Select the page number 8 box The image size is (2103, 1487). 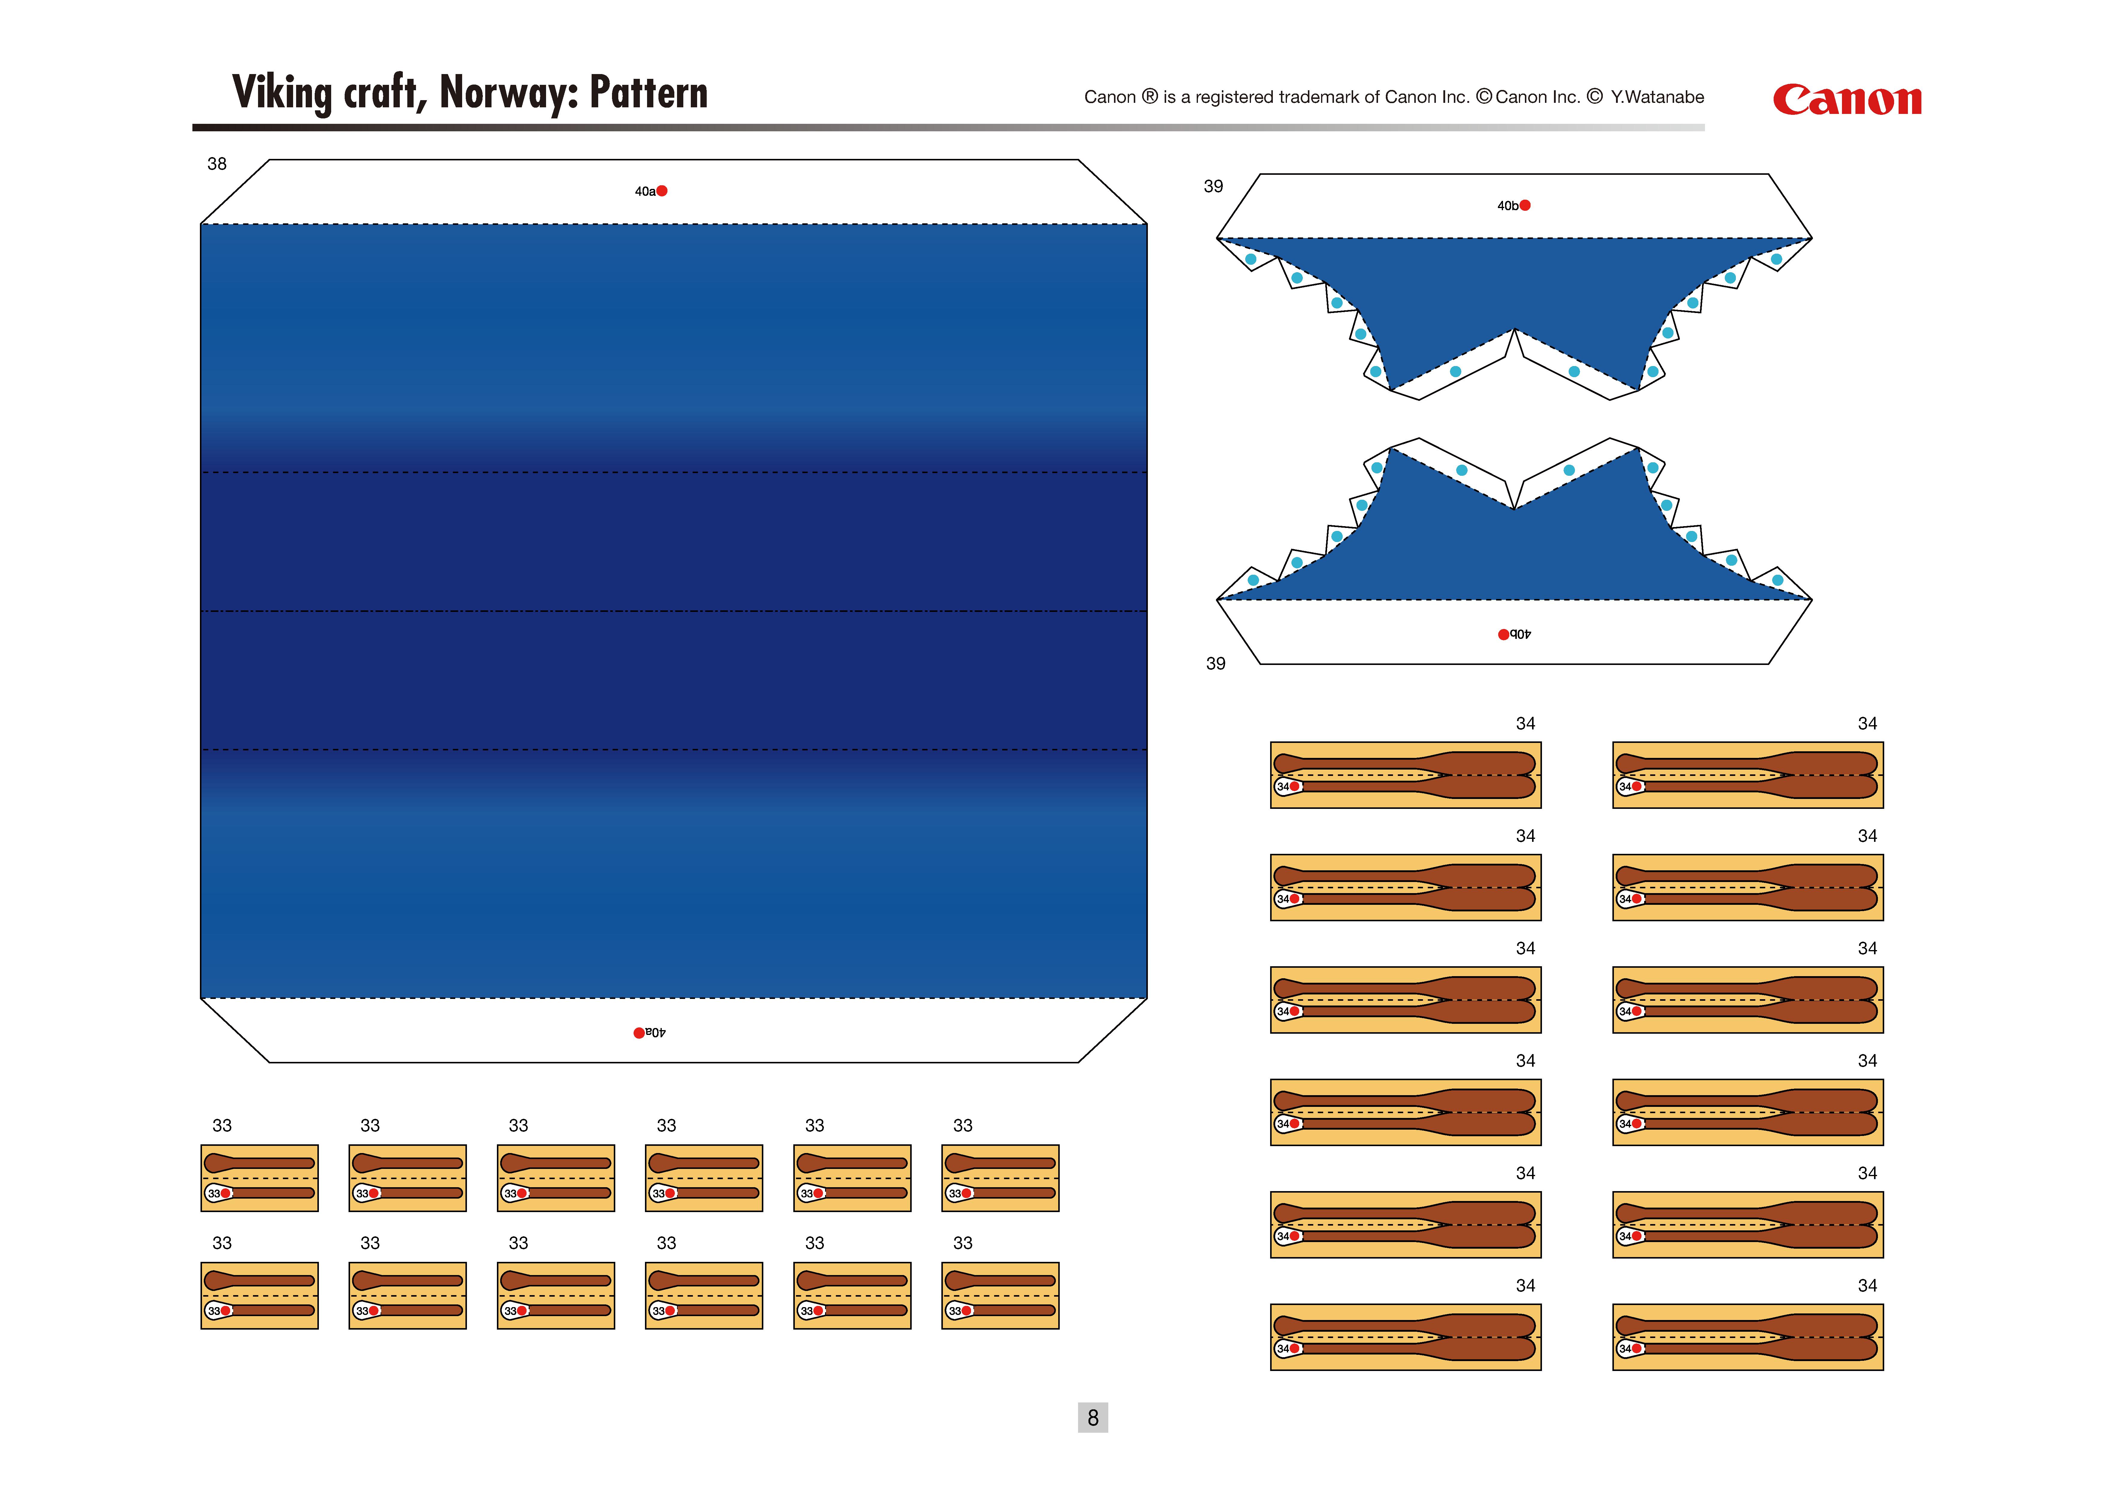point(1093,1417)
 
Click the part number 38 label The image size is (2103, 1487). point(217,164)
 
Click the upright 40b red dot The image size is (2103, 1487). point(1525,205)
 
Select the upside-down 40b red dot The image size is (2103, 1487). point(1503,634)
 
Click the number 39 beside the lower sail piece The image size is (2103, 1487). point(1216,663)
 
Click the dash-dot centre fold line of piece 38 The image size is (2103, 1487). point(674,611)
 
